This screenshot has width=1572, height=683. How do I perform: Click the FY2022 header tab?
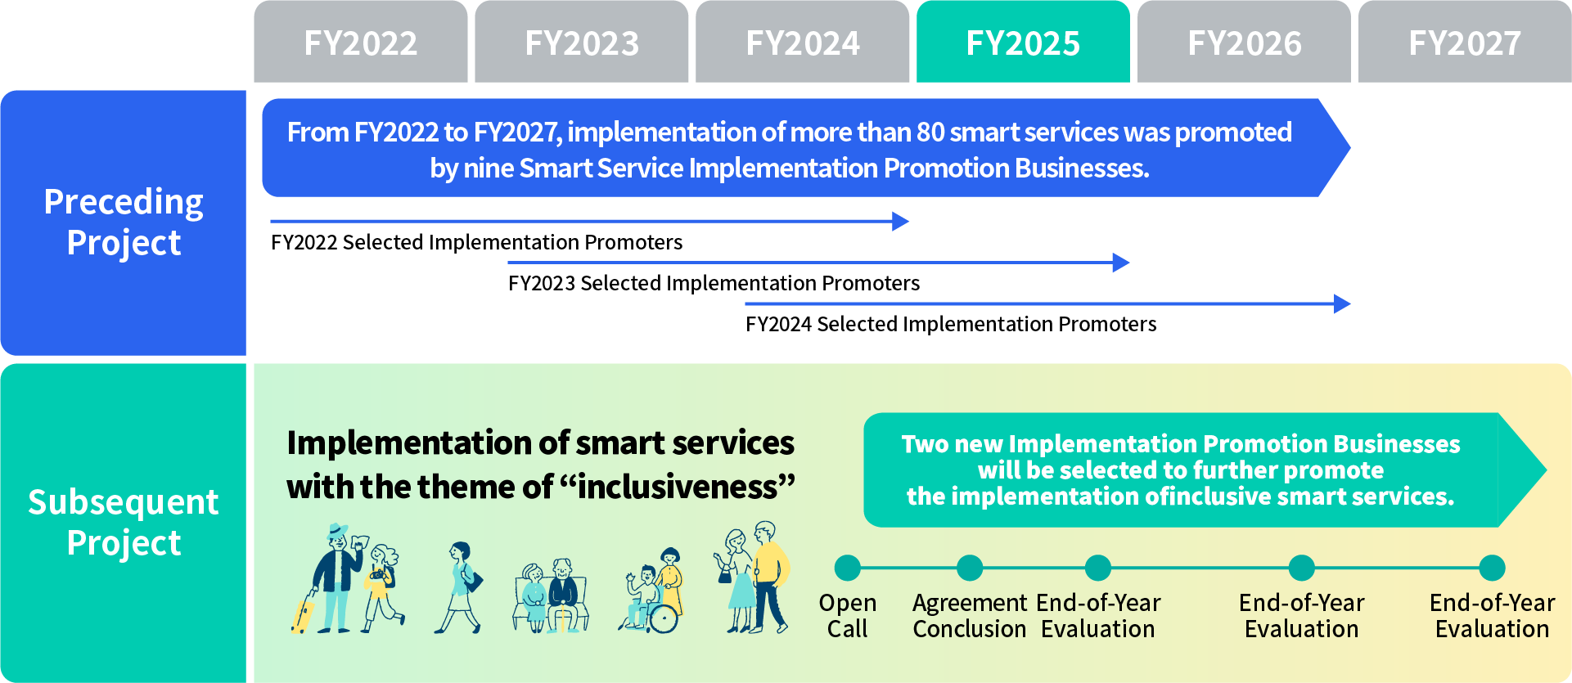[361, 42]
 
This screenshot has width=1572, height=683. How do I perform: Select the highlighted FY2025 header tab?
[1023, 42]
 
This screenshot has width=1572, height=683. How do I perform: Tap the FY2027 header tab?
[1465, 42]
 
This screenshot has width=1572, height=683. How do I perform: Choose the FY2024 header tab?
[803, 42]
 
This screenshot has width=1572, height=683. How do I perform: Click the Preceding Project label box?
[124, 222]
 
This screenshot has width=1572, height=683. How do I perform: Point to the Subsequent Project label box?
[124, 523]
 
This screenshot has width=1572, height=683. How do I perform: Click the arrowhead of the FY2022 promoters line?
[900, 221]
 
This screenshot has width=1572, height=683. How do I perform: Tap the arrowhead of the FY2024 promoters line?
[1342, 303]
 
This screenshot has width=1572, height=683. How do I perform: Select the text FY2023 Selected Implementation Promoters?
[714, 283]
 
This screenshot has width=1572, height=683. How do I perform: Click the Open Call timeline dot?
[848, 568]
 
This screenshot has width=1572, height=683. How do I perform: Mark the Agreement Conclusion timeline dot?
[970, 568]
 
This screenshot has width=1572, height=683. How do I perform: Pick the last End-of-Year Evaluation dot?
[1493, 568]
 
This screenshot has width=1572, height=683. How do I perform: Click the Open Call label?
[848, 616]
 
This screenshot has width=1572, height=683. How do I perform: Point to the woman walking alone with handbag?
[461, 587]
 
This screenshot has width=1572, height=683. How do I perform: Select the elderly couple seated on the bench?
[550, 595]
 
